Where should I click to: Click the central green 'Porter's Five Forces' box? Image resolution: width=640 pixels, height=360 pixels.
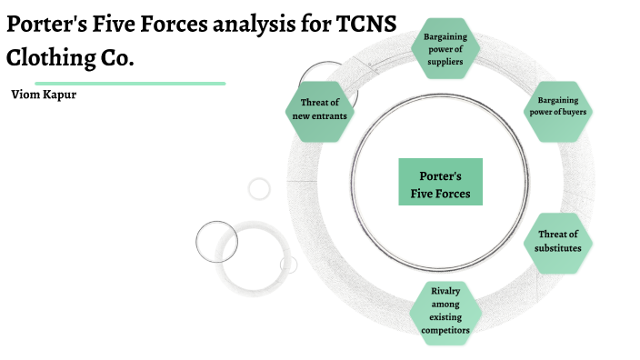(x=441, y=182)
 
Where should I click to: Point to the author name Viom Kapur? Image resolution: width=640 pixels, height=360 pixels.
(x=44, y=95)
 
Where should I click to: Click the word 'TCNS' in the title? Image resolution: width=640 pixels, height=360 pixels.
(x=365, y=25)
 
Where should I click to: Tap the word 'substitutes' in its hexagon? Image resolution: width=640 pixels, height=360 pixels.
(x=558, y=247)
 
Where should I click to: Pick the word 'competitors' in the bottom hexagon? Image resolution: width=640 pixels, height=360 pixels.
(x=445, y=331)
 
